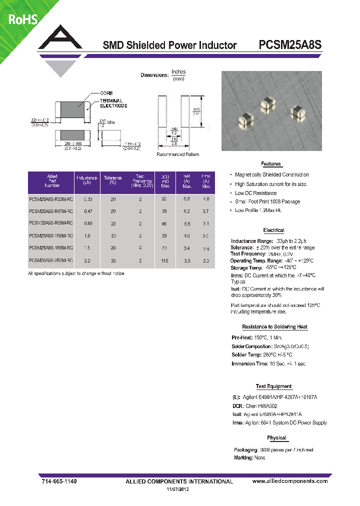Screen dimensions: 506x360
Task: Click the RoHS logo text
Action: tap(22, 20)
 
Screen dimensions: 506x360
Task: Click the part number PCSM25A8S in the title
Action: tap(290, 45)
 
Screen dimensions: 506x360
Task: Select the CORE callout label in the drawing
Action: tap(106, 93)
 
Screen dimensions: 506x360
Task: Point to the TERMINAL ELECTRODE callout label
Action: tap(113, 103)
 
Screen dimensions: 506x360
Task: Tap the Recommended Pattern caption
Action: tap(177, 154)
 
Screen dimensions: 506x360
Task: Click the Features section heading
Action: tap(271, 164)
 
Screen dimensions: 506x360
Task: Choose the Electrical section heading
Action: tap(273, 230)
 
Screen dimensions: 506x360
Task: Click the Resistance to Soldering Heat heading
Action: tap(274, 327)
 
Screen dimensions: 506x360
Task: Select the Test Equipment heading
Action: tap(273, 386)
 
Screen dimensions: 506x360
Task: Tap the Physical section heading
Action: tap(276, 438)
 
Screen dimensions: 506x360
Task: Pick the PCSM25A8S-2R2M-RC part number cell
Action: tap(51, 260)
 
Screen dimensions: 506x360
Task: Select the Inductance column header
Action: tap(86, 180)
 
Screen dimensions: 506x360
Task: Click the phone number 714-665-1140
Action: tap(58, 481)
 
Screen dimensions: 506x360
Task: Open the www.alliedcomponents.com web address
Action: tap(290, 481)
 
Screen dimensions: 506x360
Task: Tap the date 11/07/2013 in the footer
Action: tap(178, 489)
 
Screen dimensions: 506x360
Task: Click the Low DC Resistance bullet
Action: tap(255, 193)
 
